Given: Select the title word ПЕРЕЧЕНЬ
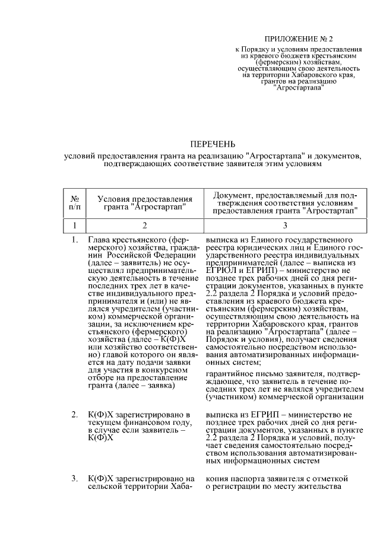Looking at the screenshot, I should [x=212, y=144].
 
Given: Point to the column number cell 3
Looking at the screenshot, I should [x=284, y=225].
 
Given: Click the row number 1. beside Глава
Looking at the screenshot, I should [x=75, y=240].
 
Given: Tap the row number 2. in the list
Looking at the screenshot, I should [x=75, y=414].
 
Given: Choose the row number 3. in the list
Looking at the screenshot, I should [x=75, y=478].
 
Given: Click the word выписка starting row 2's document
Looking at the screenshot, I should [x=223, y=414].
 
